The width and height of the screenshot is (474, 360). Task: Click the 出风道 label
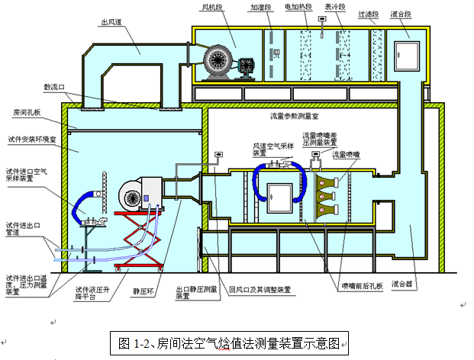tap(112, 23)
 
